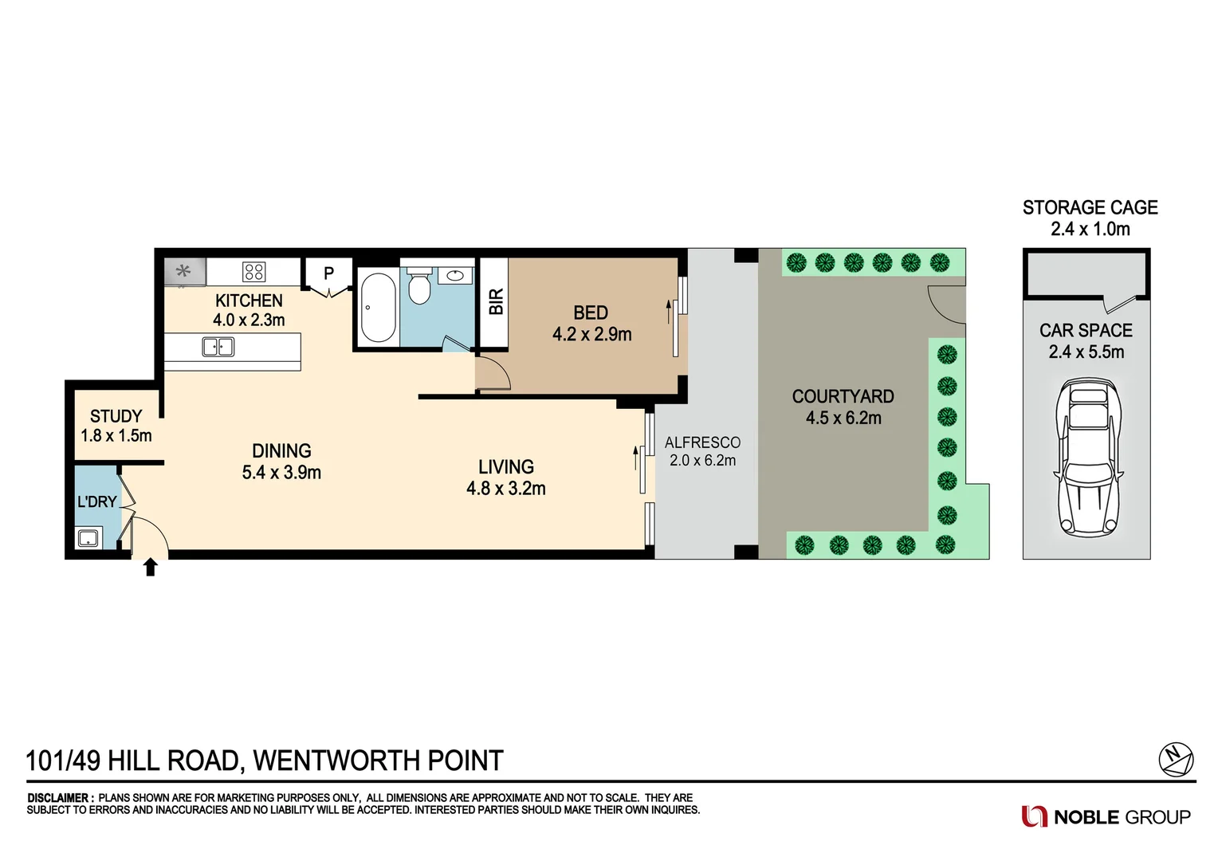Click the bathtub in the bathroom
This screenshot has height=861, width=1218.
click(378, 308)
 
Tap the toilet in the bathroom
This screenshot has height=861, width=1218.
click(419, 287)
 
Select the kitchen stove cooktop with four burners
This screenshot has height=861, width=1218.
click(253, 272)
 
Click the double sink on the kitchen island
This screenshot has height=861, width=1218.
click(218, 347)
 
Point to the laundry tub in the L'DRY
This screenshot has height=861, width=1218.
click(88, 537)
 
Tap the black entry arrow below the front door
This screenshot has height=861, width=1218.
click(150, 567)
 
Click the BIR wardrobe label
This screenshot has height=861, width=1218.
click(496, 302)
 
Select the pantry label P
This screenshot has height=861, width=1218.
click(328, 273)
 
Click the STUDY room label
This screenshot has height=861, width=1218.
click(116, 416)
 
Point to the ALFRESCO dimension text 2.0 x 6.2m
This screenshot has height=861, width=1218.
click(702, 461)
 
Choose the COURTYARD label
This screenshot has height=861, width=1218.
click(843, 396)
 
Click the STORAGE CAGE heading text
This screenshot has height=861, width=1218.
click(1090, 208)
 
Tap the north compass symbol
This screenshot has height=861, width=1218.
click(1175, 758)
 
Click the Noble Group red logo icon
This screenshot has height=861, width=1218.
click(1034, 816)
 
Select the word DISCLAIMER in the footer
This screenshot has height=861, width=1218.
click(58, 797)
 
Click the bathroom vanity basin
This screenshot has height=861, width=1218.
click(455, 276)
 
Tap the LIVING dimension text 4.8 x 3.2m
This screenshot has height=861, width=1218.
click(505, 489)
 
